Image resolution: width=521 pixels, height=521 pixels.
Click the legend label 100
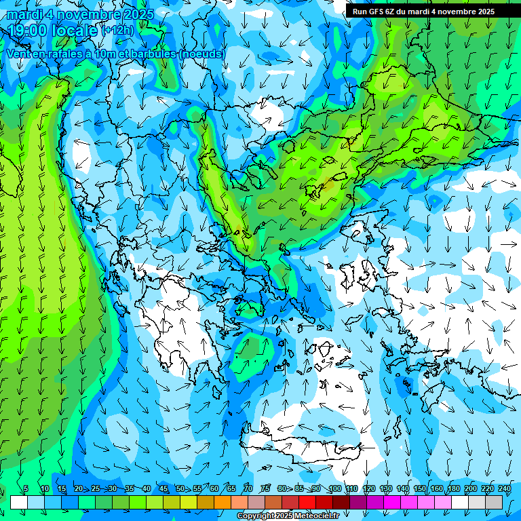(334, 488)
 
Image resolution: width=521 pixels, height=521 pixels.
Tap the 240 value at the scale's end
(504, 488)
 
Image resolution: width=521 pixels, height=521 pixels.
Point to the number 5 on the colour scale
(26, 488)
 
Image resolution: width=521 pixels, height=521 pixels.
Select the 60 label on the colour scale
(214, 488)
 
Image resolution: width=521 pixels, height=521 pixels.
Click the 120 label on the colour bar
(369, 488)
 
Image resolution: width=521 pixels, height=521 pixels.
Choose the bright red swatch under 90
(307, 502)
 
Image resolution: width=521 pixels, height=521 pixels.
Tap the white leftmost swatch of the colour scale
(19, 502)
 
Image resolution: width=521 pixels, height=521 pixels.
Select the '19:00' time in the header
(28, 31)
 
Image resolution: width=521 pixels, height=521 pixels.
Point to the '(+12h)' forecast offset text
(117, 31)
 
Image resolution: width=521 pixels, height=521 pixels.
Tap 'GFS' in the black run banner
(377, 12)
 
